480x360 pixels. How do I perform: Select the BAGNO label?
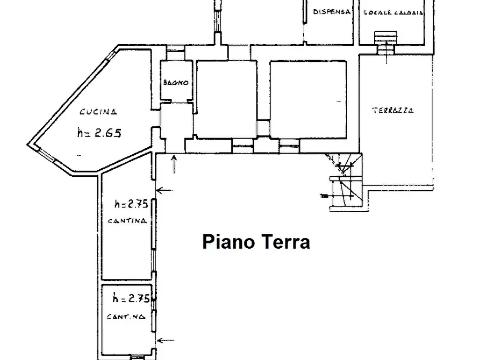point(176,83)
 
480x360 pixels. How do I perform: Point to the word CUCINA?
point(98,112)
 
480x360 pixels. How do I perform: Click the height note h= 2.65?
point(98,133)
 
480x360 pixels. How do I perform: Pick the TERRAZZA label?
point(393,111)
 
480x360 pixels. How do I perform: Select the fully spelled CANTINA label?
point(127,221)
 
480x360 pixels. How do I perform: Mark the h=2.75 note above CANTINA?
point(131,204)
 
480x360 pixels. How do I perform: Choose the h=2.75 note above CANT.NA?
point(131,298)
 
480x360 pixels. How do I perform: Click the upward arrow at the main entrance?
point(174,164)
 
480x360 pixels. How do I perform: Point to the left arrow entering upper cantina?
point(164,190)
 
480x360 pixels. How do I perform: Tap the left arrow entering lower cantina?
point(166,340)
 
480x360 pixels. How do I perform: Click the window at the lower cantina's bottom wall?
point(138,357)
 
